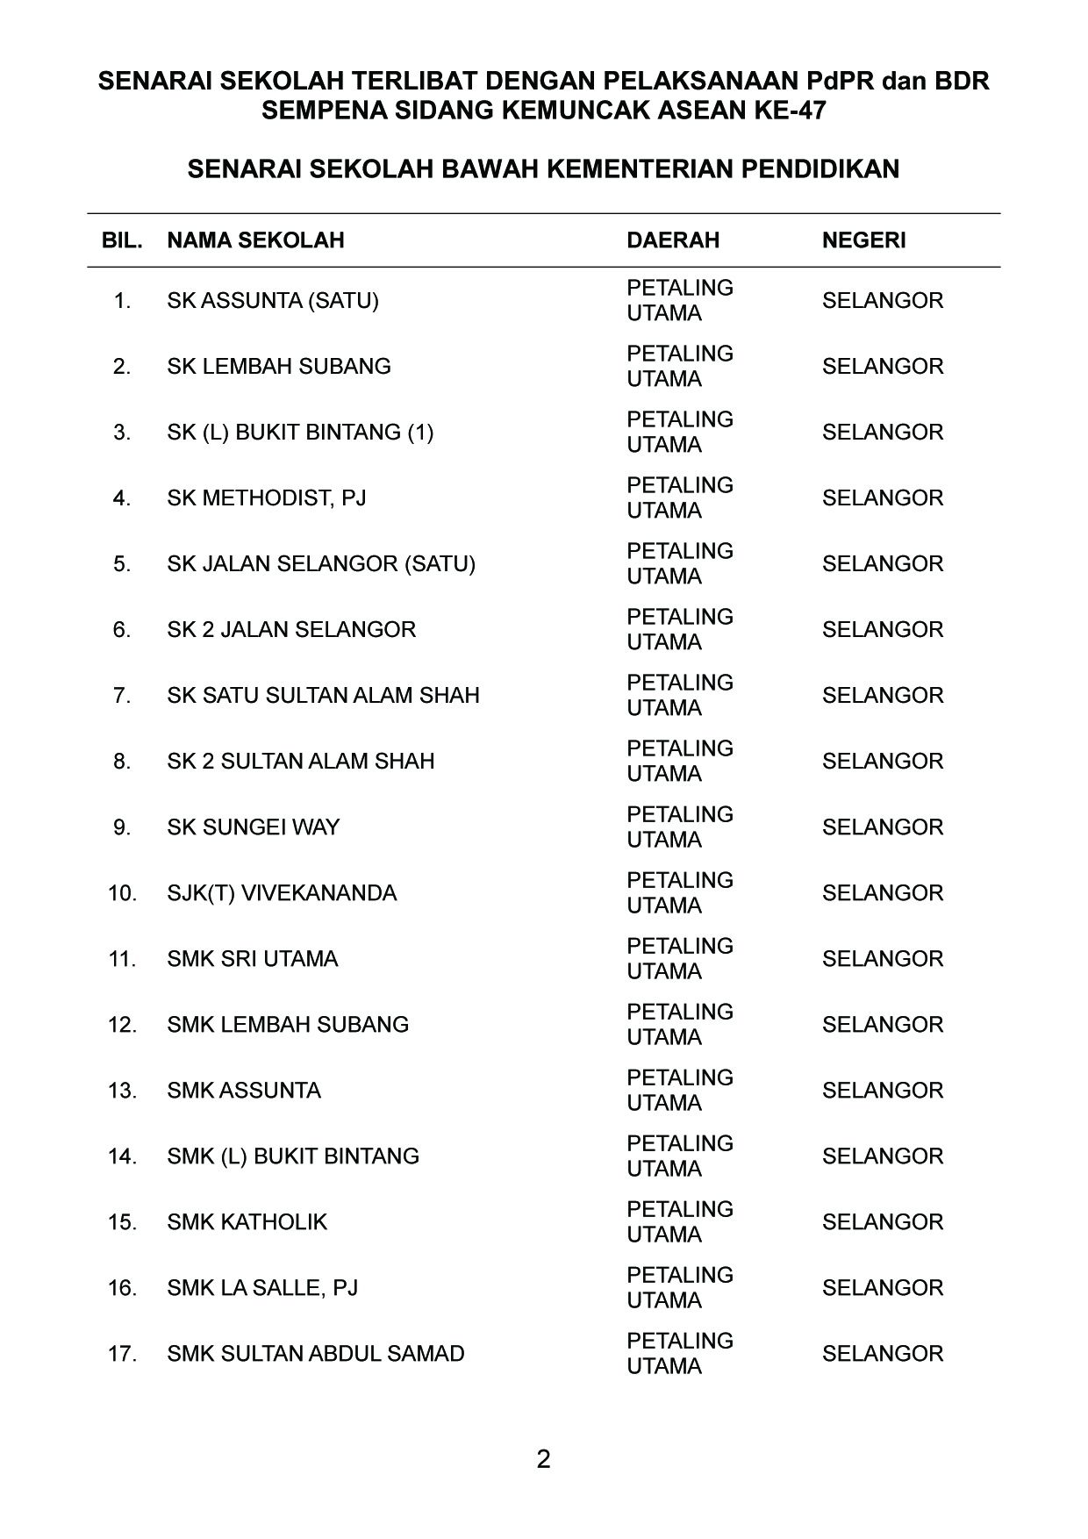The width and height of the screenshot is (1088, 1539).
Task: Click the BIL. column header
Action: point(122,240)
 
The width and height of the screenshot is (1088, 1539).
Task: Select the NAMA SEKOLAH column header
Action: point(255,240)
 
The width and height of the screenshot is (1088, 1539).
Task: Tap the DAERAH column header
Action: point(672,240)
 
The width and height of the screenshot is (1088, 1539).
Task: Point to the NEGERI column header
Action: point(863,240)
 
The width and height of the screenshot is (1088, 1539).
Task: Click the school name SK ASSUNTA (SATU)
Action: point(273,301)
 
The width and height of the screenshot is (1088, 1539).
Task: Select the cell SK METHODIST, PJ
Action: point(267,498)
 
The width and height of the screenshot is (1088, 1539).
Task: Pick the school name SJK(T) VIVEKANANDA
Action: point(282,893)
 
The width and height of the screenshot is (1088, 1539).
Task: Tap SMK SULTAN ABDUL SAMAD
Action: point(316,1354)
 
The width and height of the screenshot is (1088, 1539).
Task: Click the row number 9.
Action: point(122,827)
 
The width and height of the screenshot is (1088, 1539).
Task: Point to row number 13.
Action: point(122,1091)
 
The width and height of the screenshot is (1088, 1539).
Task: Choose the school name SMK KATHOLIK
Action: point(247,1222)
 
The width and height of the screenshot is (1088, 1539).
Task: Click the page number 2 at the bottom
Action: point(543,1460)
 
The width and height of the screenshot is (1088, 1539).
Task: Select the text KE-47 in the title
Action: point(795,111)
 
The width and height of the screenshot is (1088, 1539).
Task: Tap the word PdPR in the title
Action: point(840,82)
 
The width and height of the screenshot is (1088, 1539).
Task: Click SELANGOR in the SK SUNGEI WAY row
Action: point(882,827)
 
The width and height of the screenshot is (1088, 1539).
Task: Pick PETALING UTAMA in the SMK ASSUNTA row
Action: point(679,1091)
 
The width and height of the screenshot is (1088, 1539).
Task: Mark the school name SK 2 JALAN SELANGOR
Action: point(291,630)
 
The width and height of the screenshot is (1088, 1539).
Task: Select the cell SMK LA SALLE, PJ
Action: point(262,1288)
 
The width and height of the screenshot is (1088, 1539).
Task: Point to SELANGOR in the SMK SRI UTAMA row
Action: point(882,959)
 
